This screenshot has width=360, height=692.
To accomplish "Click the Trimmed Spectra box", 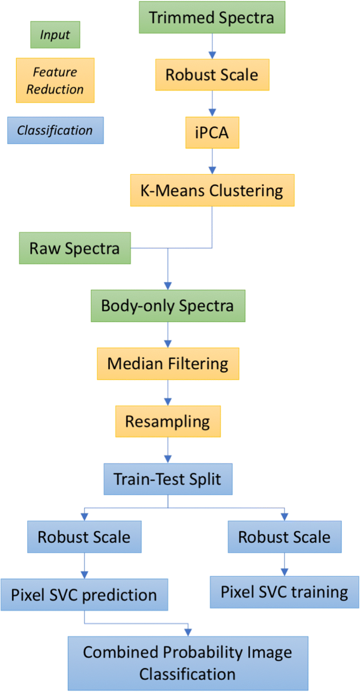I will [212, 18].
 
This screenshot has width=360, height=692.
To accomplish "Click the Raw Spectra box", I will [75, 248].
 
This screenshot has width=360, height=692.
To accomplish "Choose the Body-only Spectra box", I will [168, 306].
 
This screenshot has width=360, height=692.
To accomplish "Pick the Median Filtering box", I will [168, 364].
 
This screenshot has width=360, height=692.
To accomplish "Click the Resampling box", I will [168, 421].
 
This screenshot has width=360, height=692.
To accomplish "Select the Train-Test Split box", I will [168, 479].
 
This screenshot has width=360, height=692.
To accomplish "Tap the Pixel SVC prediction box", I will [84, 594].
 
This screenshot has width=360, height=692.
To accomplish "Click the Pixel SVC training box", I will [284, 592].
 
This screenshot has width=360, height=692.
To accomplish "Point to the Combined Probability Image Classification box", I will [188, 663].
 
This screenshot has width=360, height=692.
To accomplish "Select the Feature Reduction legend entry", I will [55, 80].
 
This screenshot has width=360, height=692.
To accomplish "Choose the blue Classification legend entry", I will [55, 130].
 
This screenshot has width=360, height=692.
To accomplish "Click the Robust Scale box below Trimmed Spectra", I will [212, 75].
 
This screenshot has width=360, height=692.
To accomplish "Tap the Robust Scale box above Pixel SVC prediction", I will [84, 537].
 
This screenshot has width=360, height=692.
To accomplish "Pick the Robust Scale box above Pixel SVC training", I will [284, 537].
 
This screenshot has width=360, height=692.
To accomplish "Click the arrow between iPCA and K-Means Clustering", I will [212, 161].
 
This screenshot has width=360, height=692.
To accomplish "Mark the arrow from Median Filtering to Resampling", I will [168, 392].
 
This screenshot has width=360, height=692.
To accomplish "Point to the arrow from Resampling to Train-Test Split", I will [168, 450].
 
